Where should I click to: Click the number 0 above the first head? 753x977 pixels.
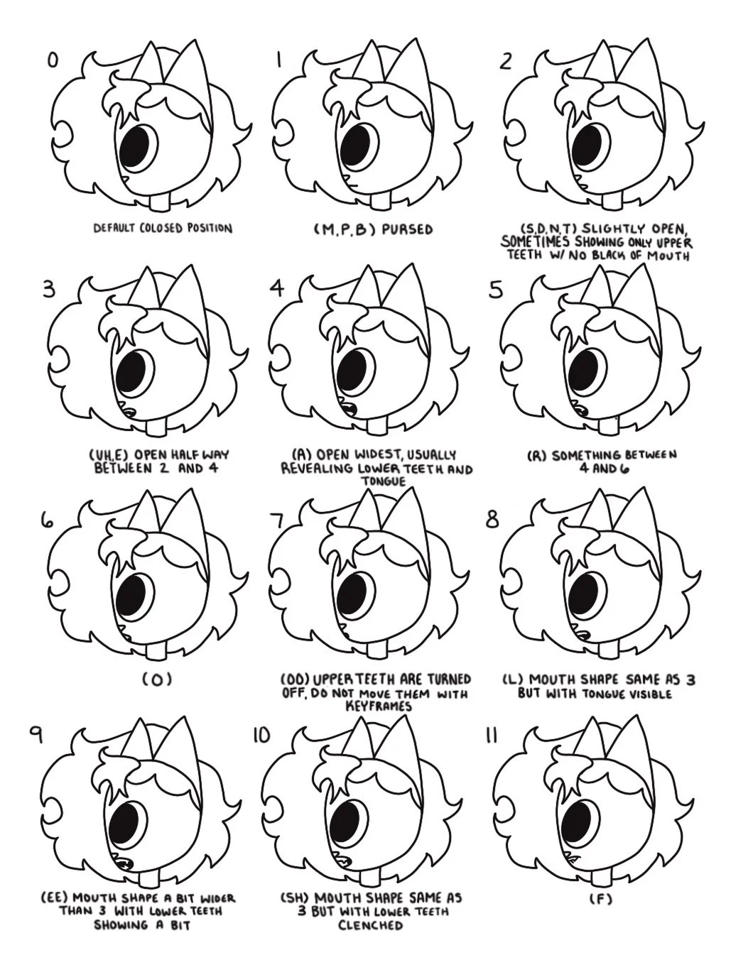click(52, 61)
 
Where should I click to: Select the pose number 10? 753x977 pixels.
click(261, 735)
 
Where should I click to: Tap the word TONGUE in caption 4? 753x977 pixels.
click(382, 482)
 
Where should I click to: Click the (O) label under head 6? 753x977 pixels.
click(157, 679)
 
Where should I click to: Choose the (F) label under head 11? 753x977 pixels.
click(600, 899)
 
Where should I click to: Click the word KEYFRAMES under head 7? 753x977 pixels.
click(378, 706)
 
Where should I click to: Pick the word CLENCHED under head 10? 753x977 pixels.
click(370, 926)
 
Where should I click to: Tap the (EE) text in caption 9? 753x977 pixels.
click(55, 898)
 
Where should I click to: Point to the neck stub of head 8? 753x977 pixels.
click(610, 648)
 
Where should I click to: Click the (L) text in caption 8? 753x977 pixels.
click(513, 679)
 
